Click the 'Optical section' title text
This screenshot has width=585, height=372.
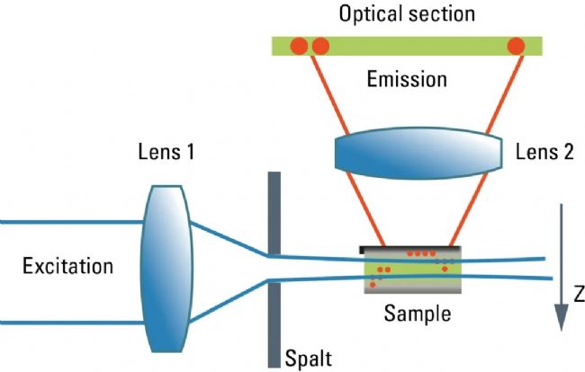tap(407, 15)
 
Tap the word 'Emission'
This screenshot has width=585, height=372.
tap(407, 80)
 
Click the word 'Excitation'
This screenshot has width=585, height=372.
tap(69, 266)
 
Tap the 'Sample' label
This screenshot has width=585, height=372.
tap(417, 314)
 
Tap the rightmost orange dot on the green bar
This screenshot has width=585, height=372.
tap(517, 45)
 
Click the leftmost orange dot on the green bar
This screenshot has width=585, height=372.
tap(300, 45)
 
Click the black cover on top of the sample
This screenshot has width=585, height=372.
tap(411, 247)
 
